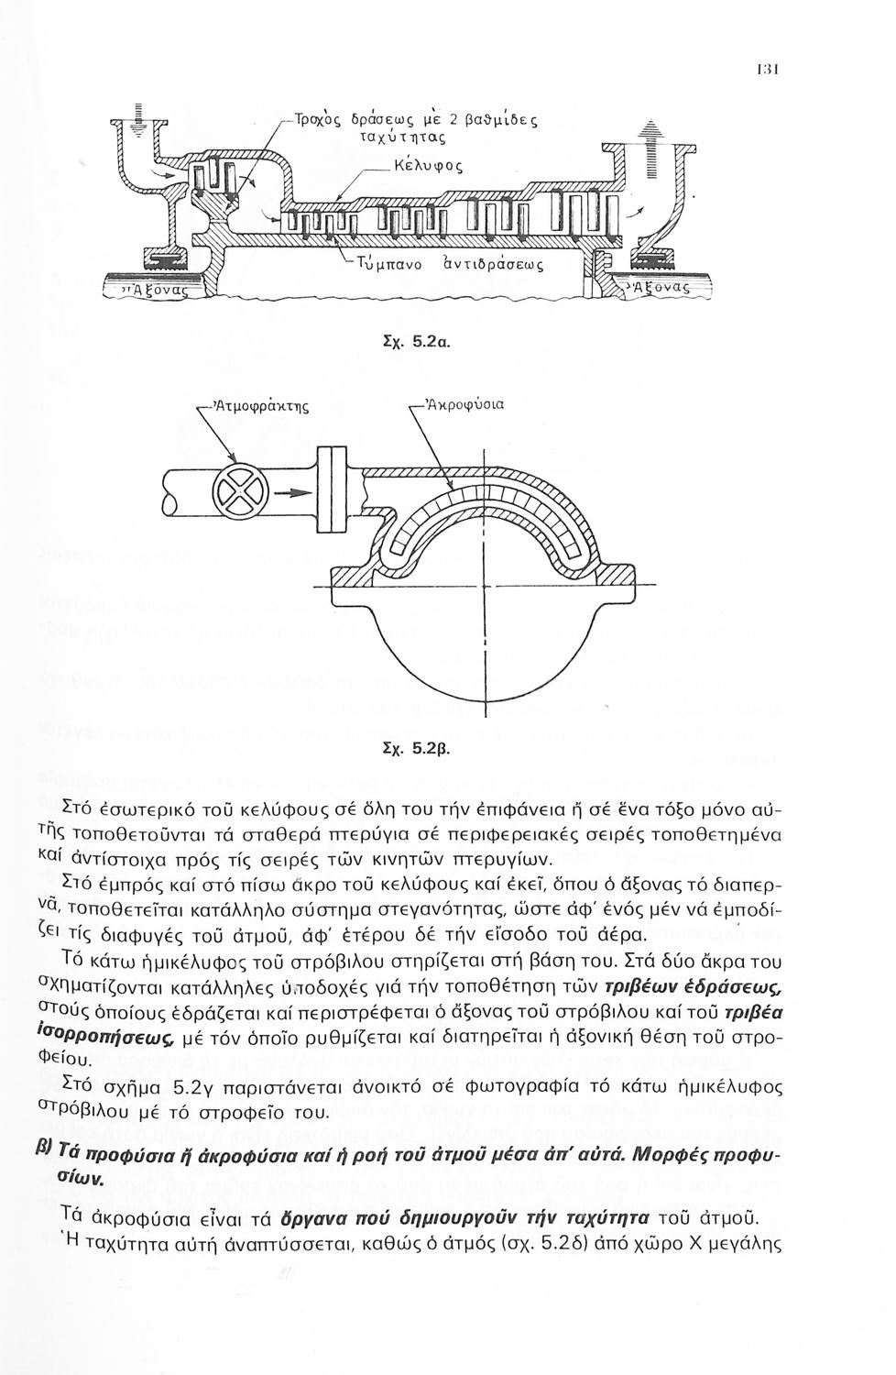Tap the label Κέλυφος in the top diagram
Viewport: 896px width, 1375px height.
pyautogui.click(x=426, y=168)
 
